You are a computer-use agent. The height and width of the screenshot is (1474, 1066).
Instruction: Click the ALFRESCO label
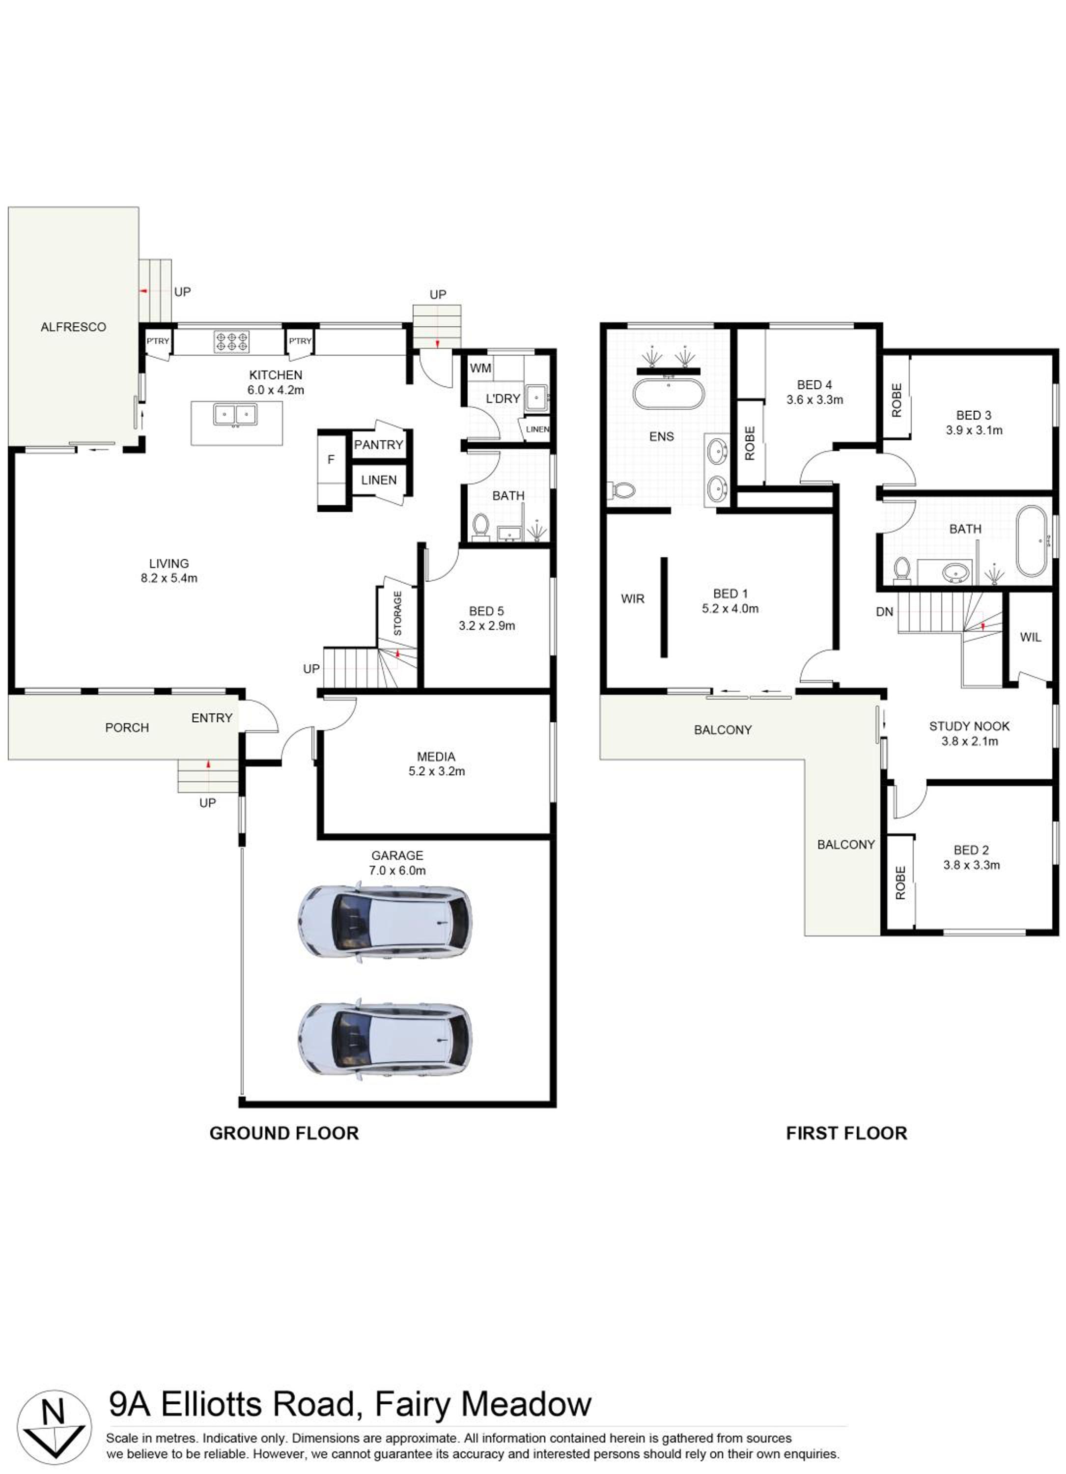click(x=73, y=327)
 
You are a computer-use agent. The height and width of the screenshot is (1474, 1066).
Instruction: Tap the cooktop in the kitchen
click(x=232, y=342)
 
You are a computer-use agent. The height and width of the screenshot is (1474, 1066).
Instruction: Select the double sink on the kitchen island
click(x=235, y=414)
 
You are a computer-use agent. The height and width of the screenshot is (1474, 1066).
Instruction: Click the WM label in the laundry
click(x=481, y=368)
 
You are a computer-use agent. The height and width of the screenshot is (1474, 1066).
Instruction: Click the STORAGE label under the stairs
click(x=397, y=613)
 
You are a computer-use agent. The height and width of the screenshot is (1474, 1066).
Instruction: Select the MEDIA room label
click(x=436, y=757)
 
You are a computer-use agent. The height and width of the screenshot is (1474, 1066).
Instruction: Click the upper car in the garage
click(x=385, y=922)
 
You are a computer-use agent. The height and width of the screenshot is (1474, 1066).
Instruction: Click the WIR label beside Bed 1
click(x=633, y=598)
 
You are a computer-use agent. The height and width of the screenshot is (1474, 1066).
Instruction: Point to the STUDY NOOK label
click(x=969, y=726)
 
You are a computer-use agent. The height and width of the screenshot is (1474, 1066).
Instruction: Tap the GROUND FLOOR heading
click(x=284, y=1133)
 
